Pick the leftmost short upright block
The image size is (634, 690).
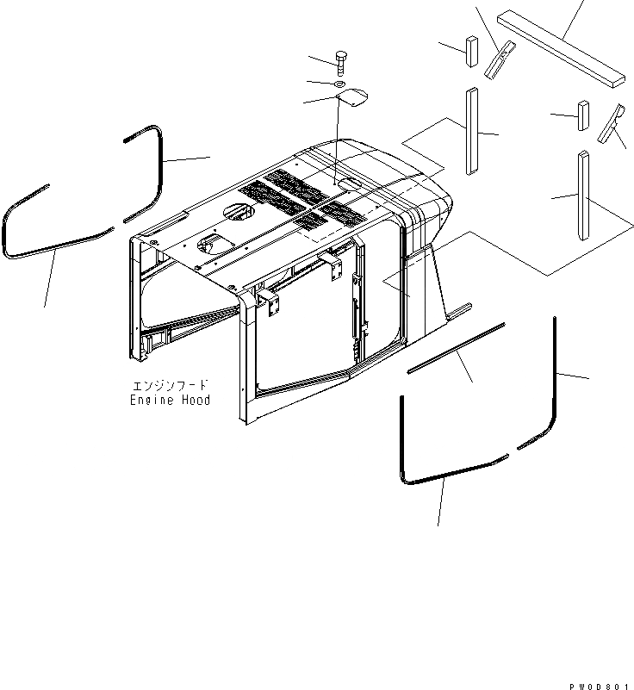(472, 50)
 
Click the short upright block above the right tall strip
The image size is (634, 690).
(583, 115)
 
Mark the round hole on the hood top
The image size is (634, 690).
(237, 211)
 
